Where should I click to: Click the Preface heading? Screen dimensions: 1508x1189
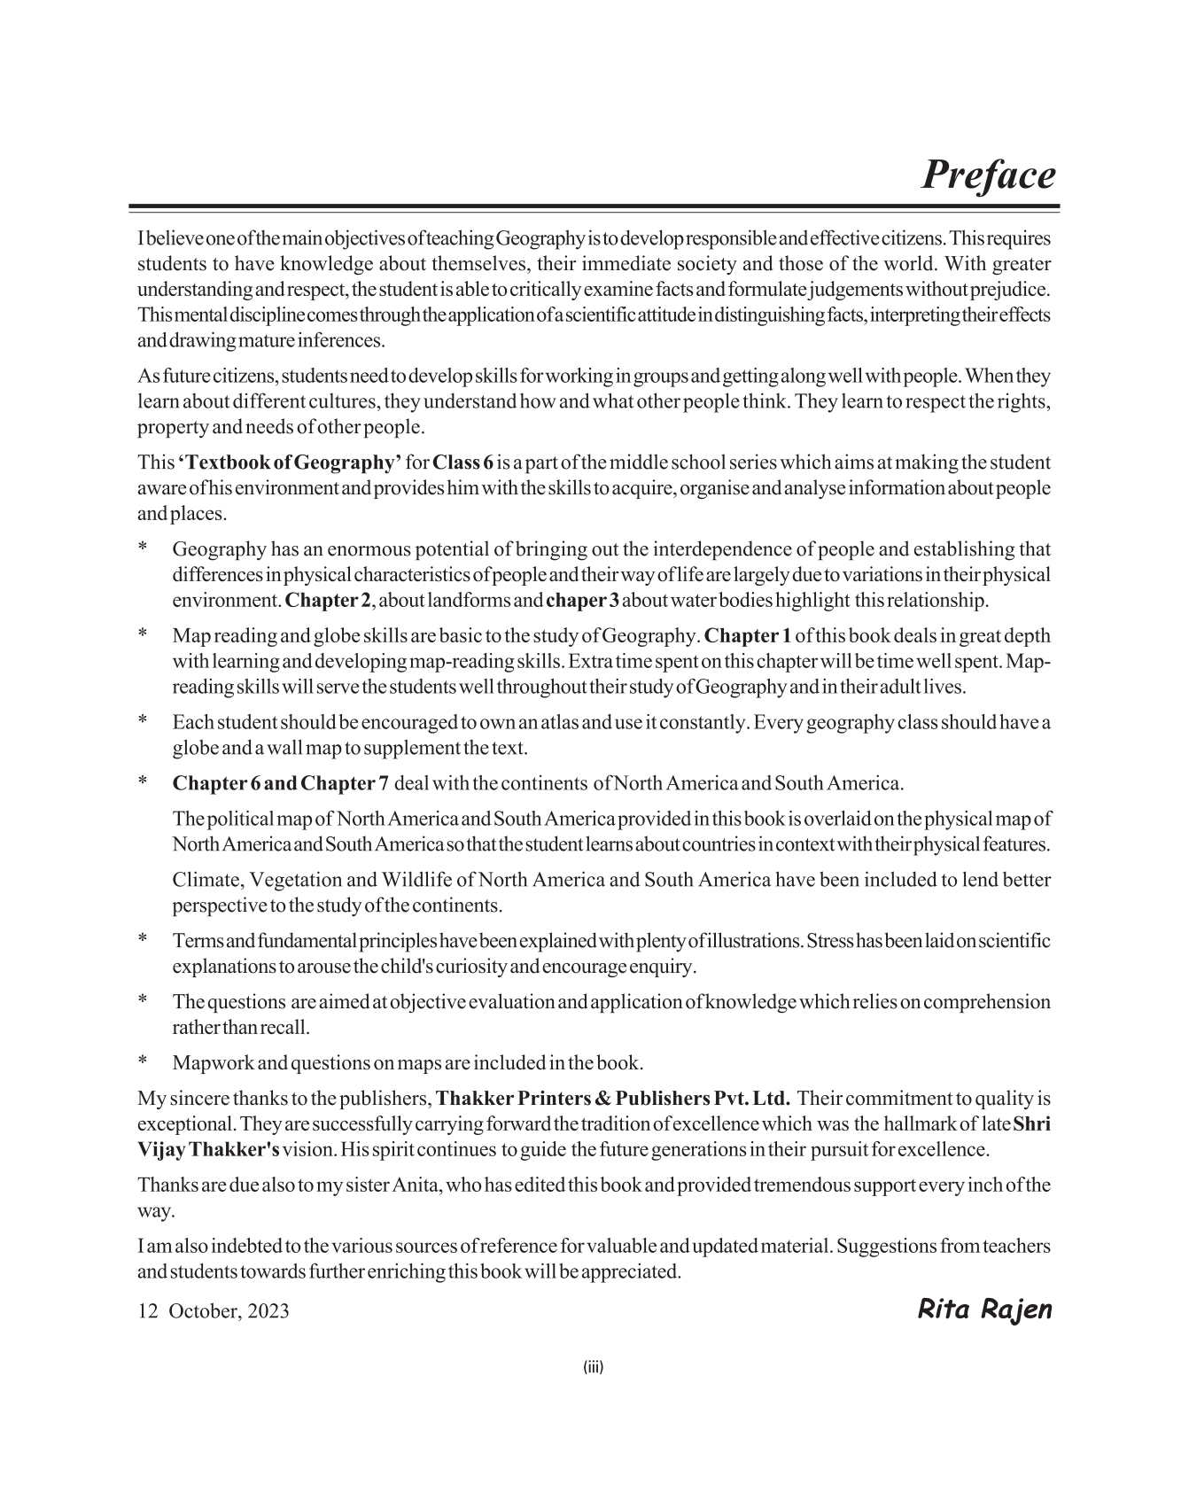coord(988,175)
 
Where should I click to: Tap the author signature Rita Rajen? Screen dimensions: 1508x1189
coord(983,1309)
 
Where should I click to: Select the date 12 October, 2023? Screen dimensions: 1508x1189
coord(214,1311)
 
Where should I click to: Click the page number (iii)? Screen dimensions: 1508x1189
coord(594,1367)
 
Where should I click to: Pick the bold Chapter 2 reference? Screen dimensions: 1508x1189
coord(329,601)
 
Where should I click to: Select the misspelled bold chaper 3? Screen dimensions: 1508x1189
coord(583,601)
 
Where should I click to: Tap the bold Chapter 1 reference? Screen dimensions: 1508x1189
coord(747,636)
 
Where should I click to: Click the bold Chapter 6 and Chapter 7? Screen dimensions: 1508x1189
coord(280,783)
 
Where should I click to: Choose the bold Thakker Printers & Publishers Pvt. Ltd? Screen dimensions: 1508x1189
coord(613,1099)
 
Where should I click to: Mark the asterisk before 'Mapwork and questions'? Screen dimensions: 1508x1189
coord(142,1062)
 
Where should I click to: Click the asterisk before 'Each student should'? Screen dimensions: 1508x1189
coord(142,722)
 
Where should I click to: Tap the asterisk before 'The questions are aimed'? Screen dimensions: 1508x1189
coord(142,1002)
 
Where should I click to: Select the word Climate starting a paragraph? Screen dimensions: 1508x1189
coord(206,880)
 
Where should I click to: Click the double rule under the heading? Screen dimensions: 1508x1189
coord(594,208)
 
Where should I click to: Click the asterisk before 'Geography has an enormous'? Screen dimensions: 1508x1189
coord(142,549)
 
